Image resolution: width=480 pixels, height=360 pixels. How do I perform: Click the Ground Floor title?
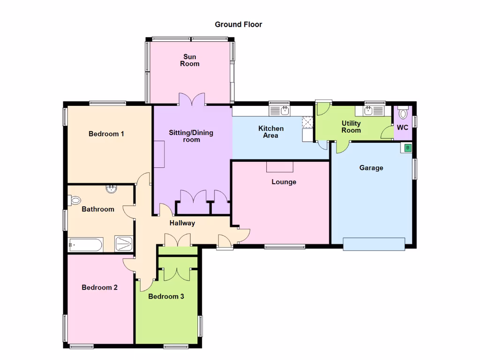[x=238, y=24]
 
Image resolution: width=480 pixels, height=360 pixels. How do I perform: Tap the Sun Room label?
[x=190, y=60]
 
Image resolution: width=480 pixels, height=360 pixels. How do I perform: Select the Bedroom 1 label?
[x=106, y=134]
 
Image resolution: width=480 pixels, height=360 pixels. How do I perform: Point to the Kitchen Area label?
[x=271, y=132]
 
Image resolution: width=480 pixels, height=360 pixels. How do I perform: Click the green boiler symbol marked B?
[x=407, y=148]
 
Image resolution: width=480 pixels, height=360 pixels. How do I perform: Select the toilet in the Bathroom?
[x=75, y=201]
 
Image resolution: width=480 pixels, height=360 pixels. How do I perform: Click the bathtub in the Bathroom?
[x=85, y=245]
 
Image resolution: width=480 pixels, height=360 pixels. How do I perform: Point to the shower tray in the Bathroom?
[x=124, y=244]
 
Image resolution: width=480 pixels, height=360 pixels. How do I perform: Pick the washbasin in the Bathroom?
[x=112, y=189]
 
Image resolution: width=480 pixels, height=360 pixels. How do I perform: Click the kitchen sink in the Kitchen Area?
[x=280, y=111]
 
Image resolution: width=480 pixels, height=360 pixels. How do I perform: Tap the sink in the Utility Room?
[x=370, y=111]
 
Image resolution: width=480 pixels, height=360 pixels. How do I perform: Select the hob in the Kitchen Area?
[x=308, y=122]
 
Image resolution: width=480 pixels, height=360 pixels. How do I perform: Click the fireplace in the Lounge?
[x=280, y=166]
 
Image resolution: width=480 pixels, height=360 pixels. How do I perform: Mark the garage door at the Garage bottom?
[x=374, y=244]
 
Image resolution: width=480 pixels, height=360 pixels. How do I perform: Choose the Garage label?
[x=371, y=168]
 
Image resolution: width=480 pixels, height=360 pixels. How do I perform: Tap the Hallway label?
[x=182, y=223]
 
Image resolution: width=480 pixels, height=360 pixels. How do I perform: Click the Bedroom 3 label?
[x=166, y=296]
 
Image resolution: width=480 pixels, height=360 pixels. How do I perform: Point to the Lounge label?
[x=284, y=182]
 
